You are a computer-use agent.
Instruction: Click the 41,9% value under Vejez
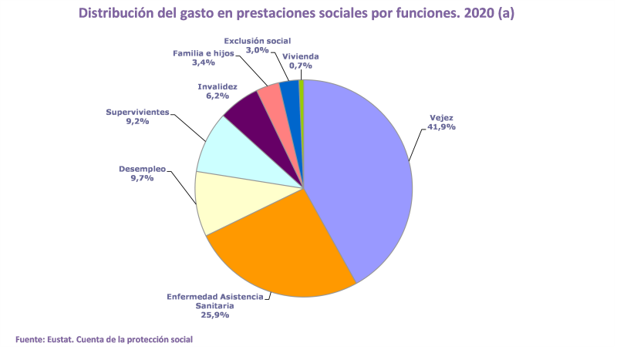pos(442,127)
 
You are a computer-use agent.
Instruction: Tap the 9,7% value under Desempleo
pos(141,178)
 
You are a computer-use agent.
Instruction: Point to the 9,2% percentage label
pos(138,122)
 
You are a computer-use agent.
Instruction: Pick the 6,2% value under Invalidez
pos(217,96)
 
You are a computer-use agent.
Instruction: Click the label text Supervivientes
pos(137,112)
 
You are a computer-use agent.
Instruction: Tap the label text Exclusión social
pos(258,40)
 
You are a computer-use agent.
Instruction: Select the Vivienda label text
pos(301,56)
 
